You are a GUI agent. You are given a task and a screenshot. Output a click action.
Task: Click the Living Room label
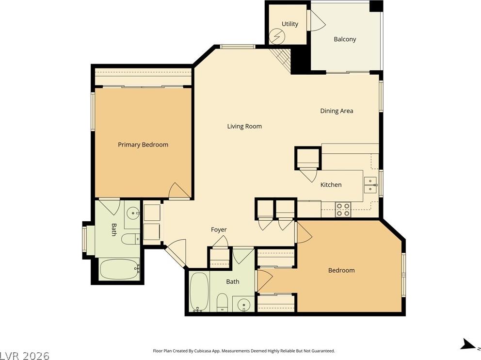click(244, 126)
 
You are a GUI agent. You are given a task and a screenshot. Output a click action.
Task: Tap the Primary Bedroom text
click(143, 145)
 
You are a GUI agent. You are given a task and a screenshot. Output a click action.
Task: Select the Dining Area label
click(337, 111)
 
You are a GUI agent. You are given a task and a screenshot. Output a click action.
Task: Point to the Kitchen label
click(331, 185)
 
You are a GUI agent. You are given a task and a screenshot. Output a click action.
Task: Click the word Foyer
click(219, 229)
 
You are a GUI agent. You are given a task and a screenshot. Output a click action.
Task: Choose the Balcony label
click(345, 39)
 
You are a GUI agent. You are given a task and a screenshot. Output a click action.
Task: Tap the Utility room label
click(290, 24)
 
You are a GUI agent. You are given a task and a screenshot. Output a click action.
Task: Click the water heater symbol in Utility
click(277, 36)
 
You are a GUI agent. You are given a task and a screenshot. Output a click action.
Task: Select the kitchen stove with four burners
click(343, 210)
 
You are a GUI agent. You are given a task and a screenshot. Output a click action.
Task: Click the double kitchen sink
click(370, 185)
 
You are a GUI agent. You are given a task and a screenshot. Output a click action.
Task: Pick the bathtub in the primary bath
click(120, 269)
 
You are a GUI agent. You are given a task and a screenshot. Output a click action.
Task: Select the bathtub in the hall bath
click(199, 292)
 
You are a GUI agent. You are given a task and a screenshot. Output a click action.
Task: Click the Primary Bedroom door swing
click(178, 191)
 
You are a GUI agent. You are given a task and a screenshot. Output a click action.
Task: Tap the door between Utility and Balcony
click(316, 20)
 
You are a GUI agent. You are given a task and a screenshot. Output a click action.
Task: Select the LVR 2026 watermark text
click(25, 356)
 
